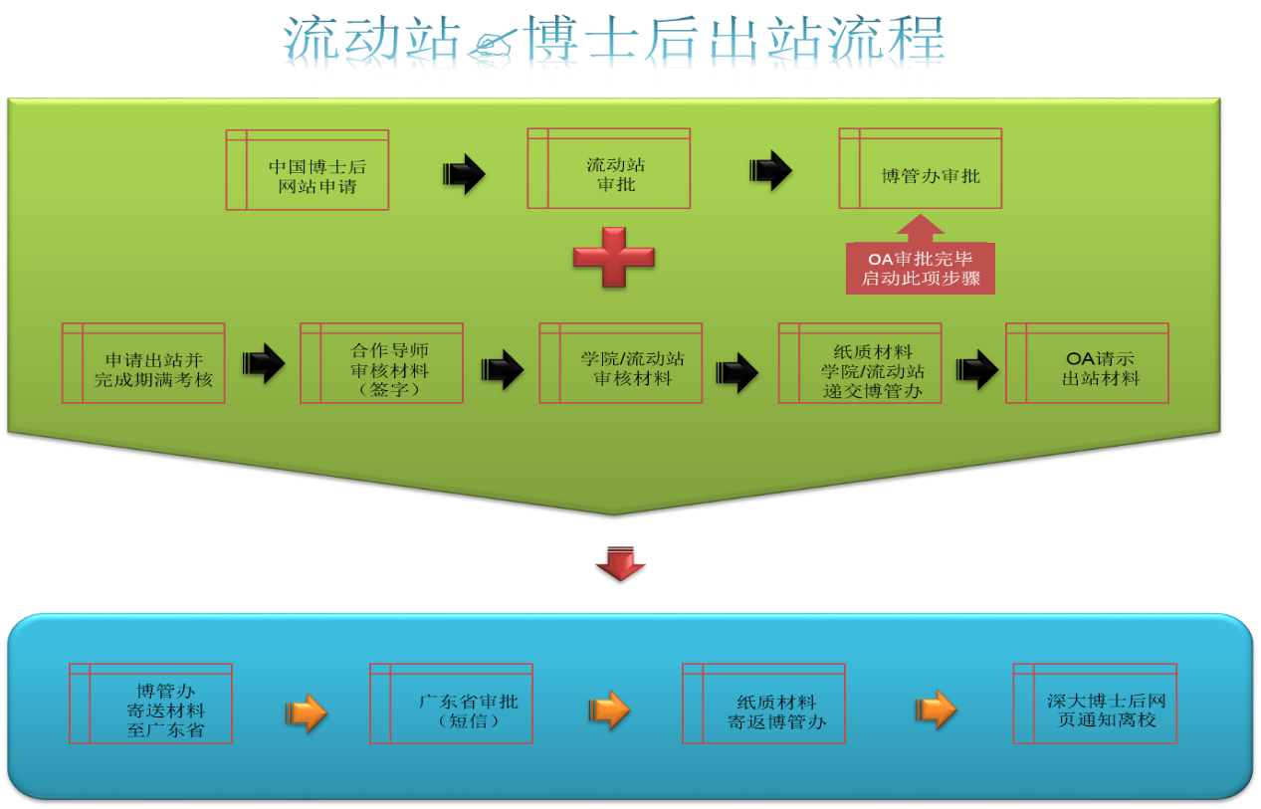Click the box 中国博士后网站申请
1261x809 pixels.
[308, 170]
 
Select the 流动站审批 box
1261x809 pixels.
[608, 168]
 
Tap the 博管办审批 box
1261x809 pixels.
[921, 168]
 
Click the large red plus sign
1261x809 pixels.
[614, 258]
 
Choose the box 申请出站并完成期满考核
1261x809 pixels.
[143, 363]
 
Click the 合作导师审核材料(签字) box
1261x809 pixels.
[381, 363]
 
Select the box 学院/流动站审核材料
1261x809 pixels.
[621, 363]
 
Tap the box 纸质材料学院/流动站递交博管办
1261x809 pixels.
[860, 363]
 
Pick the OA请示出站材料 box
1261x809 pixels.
[1088, 363]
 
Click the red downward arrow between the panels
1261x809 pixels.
[620, 563]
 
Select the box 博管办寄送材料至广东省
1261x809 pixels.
[151, 704]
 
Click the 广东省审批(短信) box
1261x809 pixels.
[452, 704]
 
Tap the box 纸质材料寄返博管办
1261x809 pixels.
[764, 704]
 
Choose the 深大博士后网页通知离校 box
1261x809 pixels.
[1095, 704]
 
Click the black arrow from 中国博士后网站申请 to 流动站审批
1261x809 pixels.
[464, 174]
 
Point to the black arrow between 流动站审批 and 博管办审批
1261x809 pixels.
[770, 170]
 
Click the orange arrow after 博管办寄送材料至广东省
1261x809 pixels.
[307, 712]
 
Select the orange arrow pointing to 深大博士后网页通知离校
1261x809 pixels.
[936, 709]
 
